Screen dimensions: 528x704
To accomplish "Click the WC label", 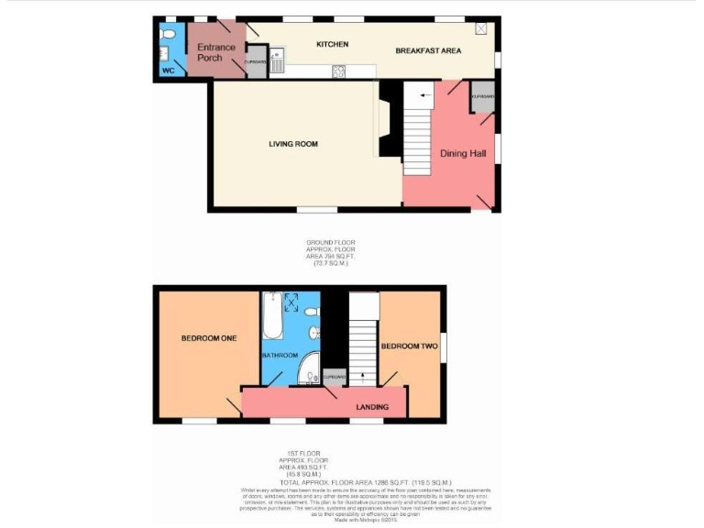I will (x=168, y=70).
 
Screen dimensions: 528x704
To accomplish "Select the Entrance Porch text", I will (x=215, y=52).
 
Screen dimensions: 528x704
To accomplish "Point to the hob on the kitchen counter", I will (x=338, y=71).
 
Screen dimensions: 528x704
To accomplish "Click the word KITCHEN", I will (x=332, y=44).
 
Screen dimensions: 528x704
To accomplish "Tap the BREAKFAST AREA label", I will (x=429, y=50).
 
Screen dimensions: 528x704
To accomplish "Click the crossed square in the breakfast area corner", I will (x=481, y=28).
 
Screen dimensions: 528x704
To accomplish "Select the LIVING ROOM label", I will (x=293, y=144).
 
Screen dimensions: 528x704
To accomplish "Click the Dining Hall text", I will (x=463, y=153).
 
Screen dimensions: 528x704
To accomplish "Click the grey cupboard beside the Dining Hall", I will (x=482, y=100).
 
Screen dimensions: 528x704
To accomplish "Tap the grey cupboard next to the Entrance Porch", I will (x=255, y=63).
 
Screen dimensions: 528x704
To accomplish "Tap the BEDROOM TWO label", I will (x=409, y=346).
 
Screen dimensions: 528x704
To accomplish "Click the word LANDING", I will (x=372, y=407).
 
